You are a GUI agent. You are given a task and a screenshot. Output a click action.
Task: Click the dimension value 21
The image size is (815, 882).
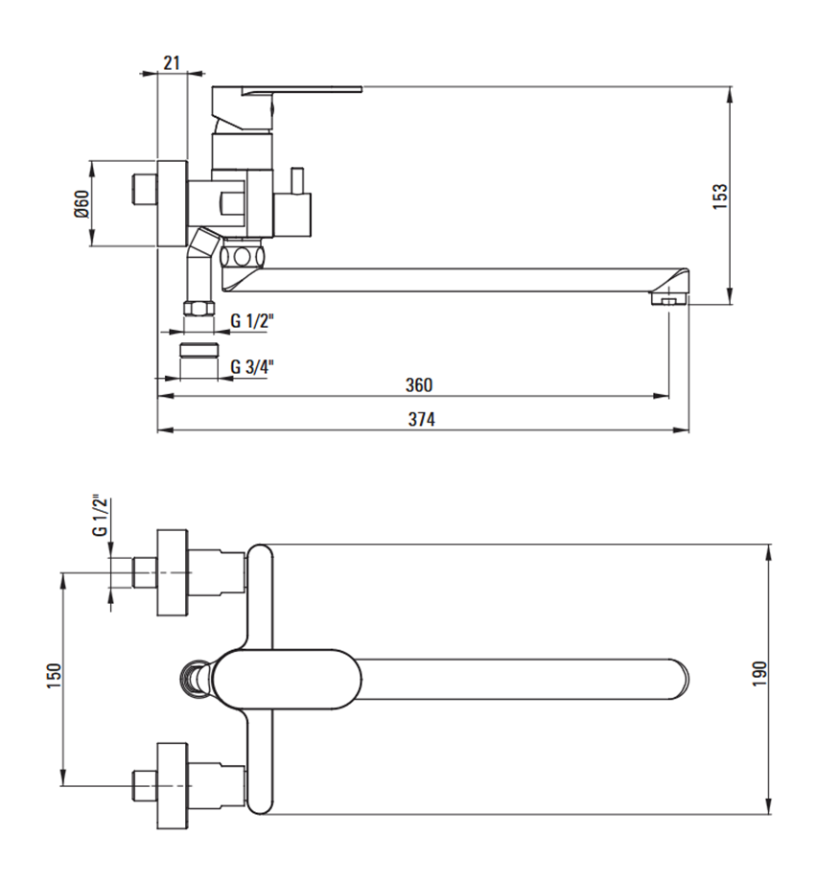point(172,62)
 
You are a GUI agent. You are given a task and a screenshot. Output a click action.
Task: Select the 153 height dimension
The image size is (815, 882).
point(720,197)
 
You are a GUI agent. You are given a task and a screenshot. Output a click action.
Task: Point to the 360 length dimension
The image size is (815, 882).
point(419,384)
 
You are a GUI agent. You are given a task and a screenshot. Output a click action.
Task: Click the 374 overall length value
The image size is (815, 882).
point(421,419)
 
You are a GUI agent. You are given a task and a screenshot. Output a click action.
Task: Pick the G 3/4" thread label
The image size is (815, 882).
point(252,367)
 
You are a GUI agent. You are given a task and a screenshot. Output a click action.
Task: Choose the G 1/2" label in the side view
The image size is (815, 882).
point(252,321)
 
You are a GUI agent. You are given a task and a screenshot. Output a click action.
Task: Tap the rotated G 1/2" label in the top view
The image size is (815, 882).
point(100,516)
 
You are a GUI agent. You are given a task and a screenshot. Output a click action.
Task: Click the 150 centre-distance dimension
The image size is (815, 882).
point(54,676)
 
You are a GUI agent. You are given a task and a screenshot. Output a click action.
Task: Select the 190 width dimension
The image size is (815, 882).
point(759,673)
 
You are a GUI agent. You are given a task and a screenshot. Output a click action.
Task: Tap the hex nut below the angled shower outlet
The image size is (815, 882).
point(199,309)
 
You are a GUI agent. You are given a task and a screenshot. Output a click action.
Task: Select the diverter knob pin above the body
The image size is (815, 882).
point(296,180)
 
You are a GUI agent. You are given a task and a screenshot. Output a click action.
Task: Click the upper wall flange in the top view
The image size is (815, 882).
point(172,572)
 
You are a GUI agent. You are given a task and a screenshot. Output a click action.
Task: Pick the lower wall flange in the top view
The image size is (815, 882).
point(172,785)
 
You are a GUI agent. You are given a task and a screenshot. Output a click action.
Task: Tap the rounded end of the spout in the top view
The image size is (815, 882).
point(681,679)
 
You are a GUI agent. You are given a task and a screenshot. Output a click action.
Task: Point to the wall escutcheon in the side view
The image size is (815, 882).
point(172,203)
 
